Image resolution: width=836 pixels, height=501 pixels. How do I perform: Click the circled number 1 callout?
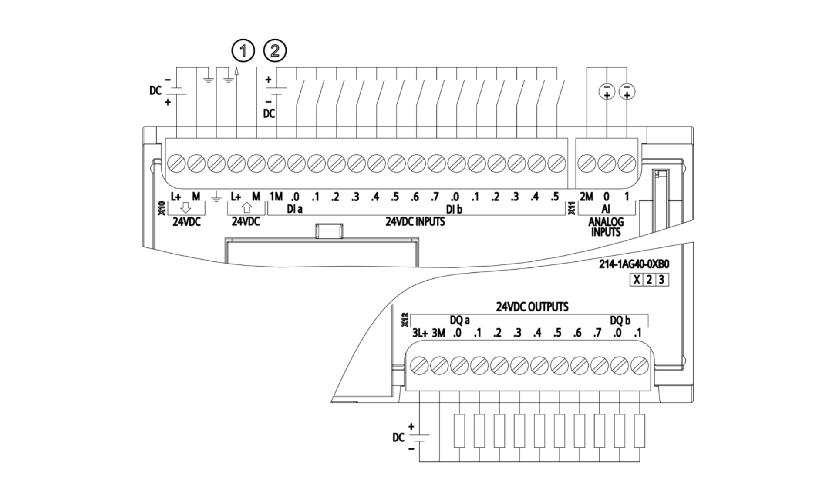coord(243,51)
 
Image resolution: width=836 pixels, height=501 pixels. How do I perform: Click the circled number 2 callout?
coord(275,51)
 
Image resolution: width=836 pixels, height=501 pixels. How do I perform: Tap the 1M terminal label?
coord(276,197)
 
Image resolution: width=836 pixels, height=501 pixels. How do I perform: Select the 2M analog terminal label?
coord(586,197)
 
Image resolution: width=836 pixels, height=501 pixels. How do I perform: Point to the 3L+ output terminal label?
coord(420,334)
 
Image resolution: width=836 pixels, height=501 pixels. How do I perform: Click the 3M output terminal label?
coord(438,334)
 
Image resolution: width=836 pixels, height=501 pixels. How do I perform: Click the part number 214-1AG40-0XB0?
coord(634,264)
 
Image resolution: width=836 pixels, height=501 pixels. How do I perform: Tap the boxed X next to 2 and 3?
coord(637,280)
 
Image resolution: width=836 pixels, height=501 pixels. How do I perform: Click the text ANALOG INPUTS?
coord(606,227)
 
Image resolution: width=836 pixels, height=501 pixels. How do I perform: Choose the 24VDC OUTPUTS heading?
coord(532,307)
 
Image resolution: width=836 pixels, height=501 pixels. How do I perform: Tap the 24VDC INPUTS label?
coord(415,222)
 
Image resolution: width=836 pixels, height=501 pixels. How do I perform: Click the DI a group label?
coord(294,210)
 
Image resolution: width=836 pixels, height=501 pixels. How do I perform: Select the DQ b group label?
coord(620,321)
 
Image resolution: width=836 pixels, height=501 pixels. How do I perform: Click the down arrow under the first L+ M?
coord(185,208)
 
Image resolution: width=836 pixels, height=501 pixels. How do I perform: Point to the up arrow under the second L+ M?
coord(246,208)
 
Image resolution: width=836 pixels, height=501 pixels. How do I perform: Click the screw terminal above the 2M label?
coord(586,164)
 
